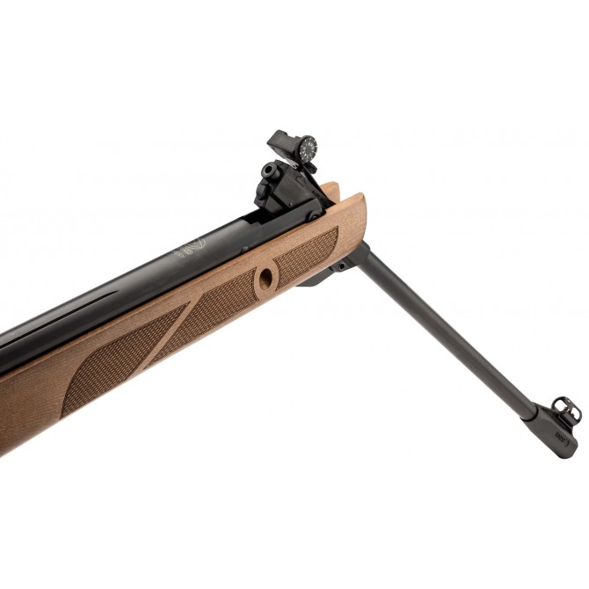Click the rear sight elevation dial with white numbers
[x=307, y=149]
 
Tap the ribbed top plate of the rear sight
[x=284, y=141]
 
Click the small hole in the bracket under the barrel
[x=339, y=265]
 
